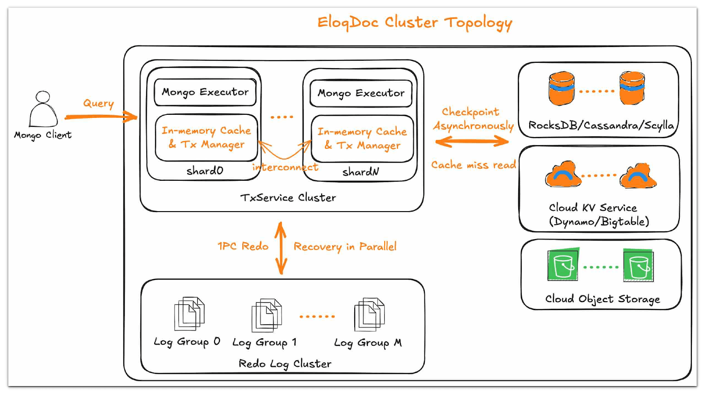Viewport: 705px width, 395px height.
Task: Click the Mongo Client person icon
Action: click(x=43, y=110)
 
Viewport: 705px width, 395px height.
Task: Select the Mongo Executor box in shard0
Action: click(x=205, y=92)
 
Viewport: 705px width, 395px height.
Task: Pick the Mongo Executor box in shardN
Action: click(x=361, y=93)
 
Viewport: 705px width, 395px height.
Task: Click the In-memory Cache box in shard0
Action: click(x=206, y=138)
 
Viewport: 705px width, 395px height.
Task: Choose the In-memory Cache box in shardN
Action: click(x=362, y=139)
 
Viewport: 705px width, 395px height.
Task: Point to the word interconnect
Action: click(x=285, y=167)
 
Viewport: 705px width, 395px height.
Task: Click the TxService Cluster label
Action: click(x=288, y=197)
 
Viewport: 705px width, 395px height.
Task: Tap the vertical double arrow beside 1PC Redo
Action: click(x=281, y=248)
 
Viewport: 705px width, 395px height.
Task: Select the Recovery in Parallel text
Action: click(x=345, y=246)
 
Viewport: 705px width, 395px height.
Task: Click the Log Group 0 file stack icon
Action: click(x=189, y=313)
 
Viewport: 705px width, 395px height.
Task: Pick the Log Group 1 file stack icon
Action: click(x=267, y=315)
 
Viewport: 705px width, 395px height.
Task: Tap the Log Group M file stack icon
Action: click(x=369, y=314)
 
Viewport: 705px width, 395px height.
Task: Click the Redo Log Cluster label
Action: click(x=285, y=364)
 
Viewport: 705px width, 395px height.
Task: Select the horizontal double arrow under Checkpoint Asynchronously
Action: click(x=471, y=142)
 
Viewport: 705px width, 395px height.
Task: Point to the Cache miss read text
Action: click(x=473, y=165)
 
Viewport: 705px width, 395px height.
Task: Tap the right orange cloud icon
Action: click(x=638, y=175)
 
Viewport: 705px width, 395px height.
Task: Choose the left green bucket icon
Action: click(x=563, y=265)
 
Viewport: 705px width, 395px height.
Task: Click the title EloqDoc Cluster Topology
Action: click(x=414, y=22)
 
